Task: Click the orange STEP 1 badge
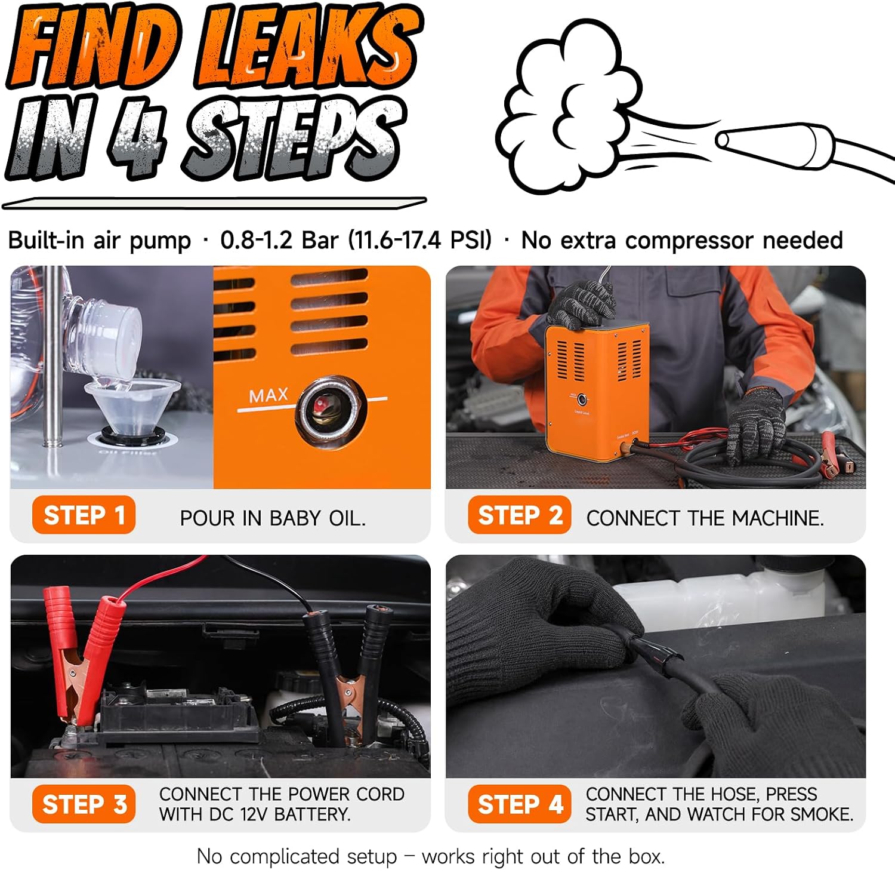pos(84,515)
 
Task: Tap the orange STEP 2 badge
pos(520,515)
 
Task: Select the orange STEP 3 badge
pos(84,804)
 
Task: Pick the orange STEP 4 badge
pos(520,804)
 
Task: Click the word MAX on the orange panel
pos(268,395)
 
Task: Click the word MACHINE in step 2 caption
pos(777,518)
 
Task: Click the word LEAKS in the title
pos(307,47)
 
